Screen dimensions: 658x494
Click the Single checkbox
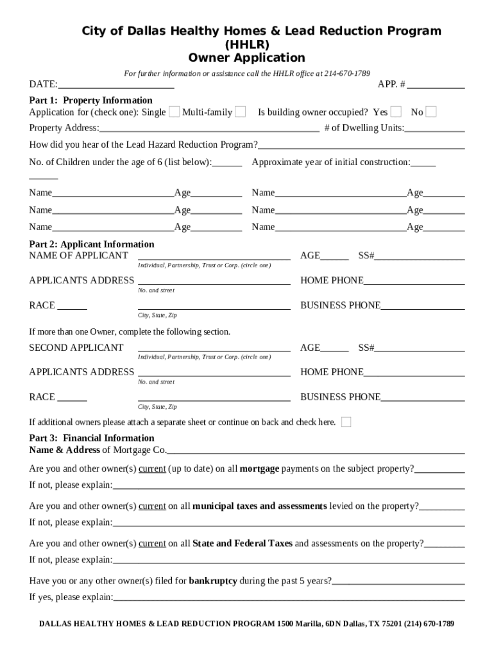pos(174,112)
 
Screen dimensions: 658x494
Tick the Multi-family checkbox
pos(240,112)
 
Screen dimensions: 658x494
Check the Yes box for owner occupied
pos(396,112)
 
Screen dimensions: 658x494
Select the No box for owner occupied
pos(431,112)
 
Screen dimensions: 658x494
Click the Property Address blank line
pos(209,129)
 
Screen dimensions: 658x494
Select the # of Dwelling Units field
pos(434,129)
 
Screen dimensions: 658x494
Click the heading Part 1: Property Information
pos(90,100)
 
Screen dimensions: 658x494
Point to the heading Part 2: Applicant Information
pos(92,244)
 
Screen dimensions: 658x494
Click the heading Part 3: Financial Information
pos(92,438)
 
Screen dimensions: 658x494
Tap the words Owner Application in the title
pos(247,58)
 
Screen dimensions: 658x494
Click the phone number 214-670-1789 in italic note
pos(347,74)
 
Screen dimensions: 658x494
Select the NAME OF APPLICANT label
pos(78,256)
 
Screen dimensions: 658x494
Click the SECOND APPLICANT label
pos(76,348)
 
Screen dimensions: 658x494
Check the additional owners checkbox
pos(346,422)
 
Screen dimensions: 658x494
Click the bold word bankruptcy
pos(213,581)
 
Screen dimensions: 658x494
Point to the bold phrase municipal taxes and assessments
pos(260,506)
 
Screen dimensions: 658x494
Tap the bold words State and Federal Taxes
pos(243,544)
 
